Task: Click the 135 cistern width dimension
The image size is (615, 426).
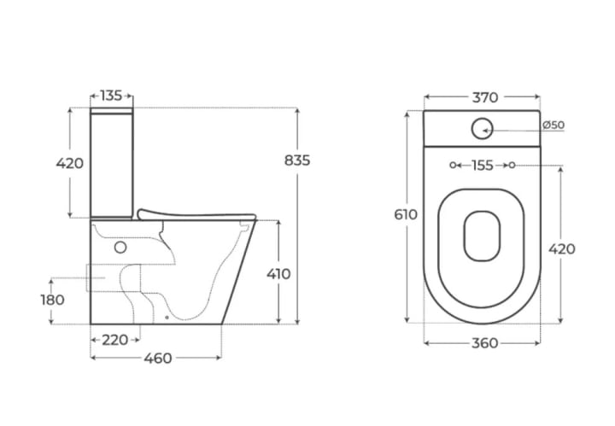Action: (111, 96)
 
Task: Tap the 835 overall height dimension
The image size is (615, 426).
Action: (297, 160)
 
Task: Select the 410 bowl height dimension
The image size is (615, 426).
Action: (278, 274)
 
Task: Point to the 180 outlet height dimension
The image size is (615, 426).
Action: (53, 300)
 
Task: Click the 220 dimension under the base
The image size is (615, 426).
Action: (115, 340)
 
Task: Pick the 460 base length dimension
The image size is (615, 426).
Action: (158, 359)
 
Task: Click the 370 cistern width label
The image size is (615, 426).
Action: (485, 97)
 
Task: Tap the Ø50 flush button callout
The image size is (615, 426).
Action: (553, 125)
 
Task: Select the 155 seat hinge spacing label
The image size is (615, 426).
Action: (482, 166)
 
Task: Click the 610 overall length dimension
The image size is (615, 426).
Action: (406, 215)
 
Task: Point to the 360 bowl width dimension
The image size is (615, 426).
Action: (485, 343)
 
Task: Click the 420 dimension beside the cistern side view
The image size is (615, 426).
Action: (70, 163)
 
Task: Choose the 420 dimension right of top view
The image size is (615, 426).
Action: (562, 249)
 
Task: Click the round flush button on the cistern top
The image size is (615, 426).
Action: (482, 129)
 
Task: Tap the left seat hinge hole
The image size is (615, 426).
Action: (453, 166)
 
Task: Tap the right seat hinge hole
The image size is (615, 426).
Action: (512, 166)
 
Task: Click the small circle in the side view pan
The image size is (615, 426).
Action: (120, 248)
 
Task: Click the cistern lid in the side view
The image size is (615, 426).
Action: (111, 111)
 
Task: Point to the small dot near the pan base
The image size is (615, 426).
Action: (167, 318)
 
